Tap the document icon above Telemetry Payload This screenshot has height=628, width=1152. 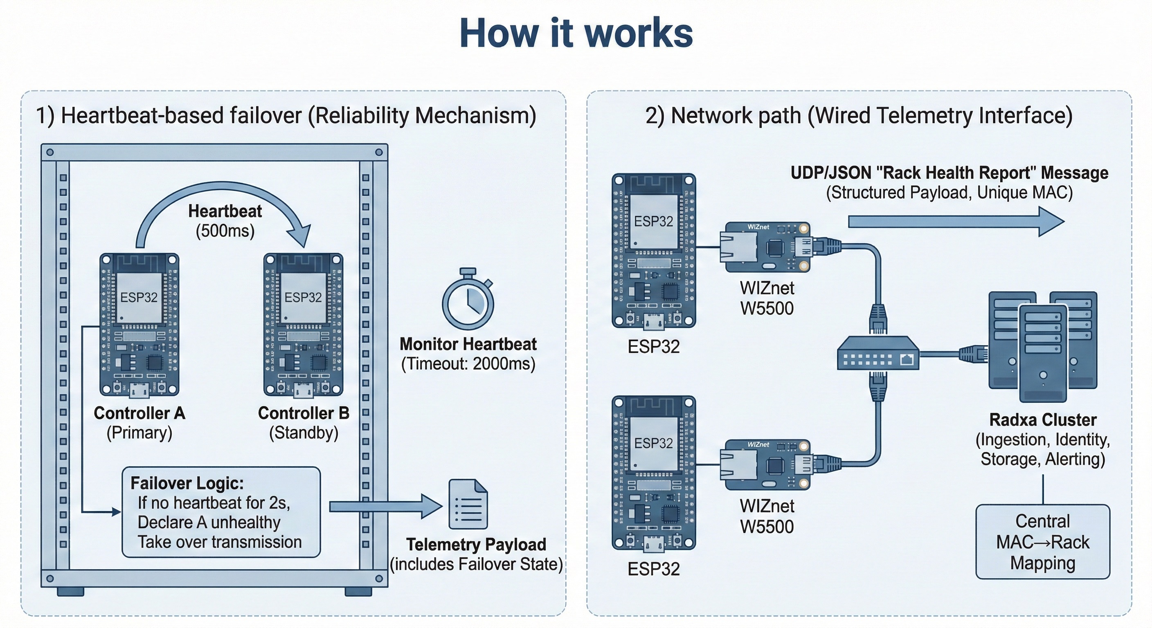pyautogui.click(x=468, y=504)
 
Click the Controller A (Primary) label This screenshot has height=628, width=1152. pyautogui.click(x=139, y=423)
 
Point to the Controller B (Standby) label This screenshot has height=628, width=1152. pyautogui.click(x=304, y=423)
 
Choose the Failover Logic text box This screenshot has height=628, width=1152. pyautogui.click(x=221, y=512)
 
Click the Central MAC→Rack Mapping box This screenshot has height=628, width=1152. pyautogui.click(x=1042, y=542)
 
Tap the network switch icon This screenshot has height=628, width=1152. pyautogui.click(x=877, y=354)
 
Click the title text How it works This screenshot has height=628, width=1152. pyautogui.click(x=576, y=33)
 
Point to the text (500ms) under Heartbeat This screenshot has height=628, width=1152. pyautogui.click(x=225, y=231)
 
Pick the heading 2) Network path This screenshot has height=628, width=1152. pyautogui.click(x=859, y=115)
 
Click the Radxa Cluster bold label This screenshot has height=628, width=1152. pyautogui.click(x=1042, y=420)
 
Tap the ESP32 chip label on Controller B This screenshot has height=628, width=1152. pyautogui.click(x=303, y=297)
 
